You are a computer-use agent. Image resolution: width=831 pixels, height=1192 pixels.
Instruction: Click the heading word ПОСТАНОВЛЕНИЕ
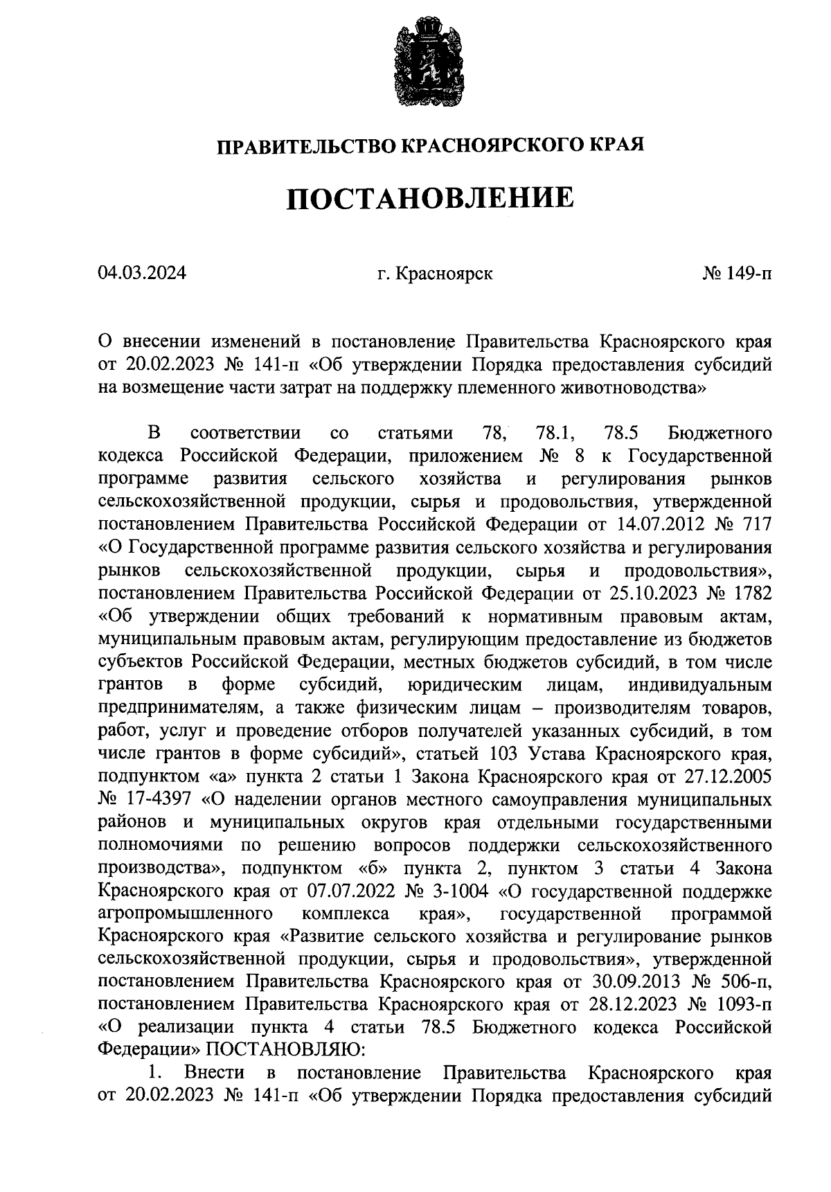coord(431,199)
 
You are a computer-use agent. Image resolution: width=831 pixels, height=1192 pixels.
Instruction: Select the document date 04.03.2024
coord(142,274)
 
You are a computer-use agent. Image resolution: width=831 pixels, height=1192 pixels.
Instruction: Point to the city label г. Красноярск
coord(435,274)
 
